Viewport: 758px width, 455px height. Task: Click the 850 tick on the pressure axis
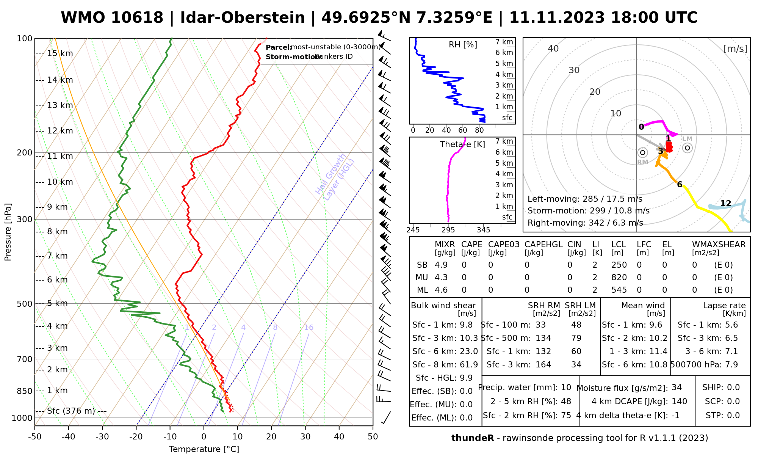point(24,391)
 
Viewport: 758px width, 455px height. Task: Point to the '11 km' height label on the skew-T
point(60,156)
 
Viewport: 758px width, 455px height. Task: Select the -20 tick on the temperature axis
point(136,437)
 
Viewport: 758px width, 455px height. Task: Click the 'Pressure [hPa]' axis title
point(8,232)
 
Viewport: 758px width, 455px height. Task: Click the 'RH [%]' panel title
point(463,45)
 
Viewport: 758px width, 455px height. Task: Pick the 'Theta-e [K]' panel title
point(462,144)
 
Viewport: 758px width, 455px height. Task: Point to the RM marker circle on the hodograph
point(642,153)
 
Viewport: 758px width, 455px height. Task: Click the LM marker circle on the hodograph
point(688,148)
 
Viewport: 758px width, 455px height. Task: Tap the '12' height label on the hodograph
point(725,204)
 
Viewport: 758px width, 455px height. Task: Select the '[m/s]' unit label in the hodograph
point(735,49)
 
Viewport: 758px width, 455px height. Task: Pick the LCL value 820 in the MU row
point(619,278)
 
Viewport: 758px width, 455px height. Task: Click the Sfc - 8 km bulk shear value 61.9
point(469,365)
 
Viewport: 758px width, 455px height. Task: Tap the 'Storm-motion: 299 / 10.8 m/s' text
point(588,211)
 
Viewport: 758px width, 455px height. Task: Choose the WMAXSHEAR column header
point(719,245)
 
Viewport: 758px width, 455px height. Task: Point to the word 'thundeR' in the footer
point(472,438)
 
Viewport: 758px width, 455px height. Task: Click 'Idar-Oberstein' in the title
point(242,18)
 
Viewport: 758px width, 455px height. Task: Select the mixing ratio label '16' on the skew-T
point(309,328)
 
